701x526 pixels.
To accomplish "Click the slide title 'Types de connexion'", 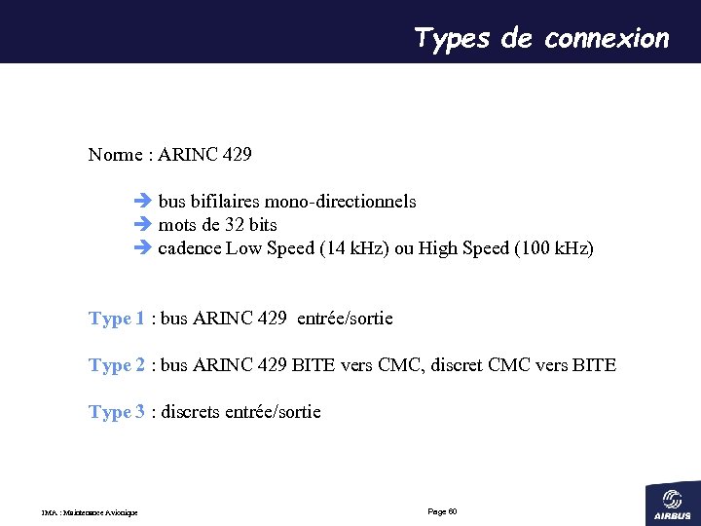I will point(541,38).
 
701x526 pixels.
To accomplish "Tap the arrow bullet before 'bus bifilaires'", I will point(141,202).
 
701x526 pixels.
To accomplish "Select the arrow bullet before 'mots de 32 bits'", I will point(141,225).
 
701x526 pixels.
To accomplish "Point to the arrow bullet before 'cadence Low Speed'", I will point(141,248).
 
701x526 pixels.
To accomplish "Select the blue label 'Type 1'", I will point(117,319).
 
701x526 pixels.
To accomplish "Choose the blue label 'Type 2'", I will point(117,365).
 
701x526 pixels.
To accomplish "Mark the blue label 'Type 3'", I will point(117,412).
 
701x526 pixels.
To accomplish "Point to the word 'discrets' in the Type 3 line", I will point(191,412).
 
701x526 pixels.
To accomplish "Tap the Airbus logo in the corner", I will point(673,502).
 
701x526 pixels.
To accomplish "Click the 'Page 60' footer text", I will point(442,511).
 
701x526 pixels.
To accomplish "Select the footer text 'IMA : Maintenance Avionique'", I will point(90,513).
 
